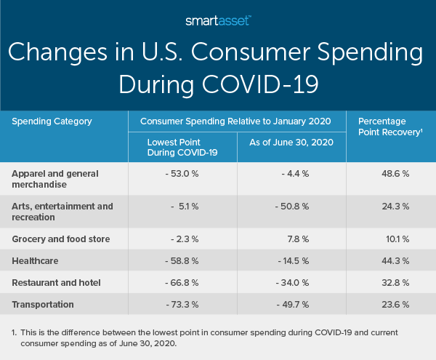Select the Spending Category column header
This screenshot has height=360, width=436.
pyautogui.click(x=52, y=121)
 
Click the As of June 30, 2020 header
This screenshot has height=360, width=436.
pyautogui.click(x=291, y=143)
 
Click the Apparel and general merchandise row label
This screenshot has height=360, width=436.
pyautogui.click(x=54, y=180)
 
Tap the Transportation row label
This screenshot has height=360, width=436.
pyautogui.click(x=43, y=305)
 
